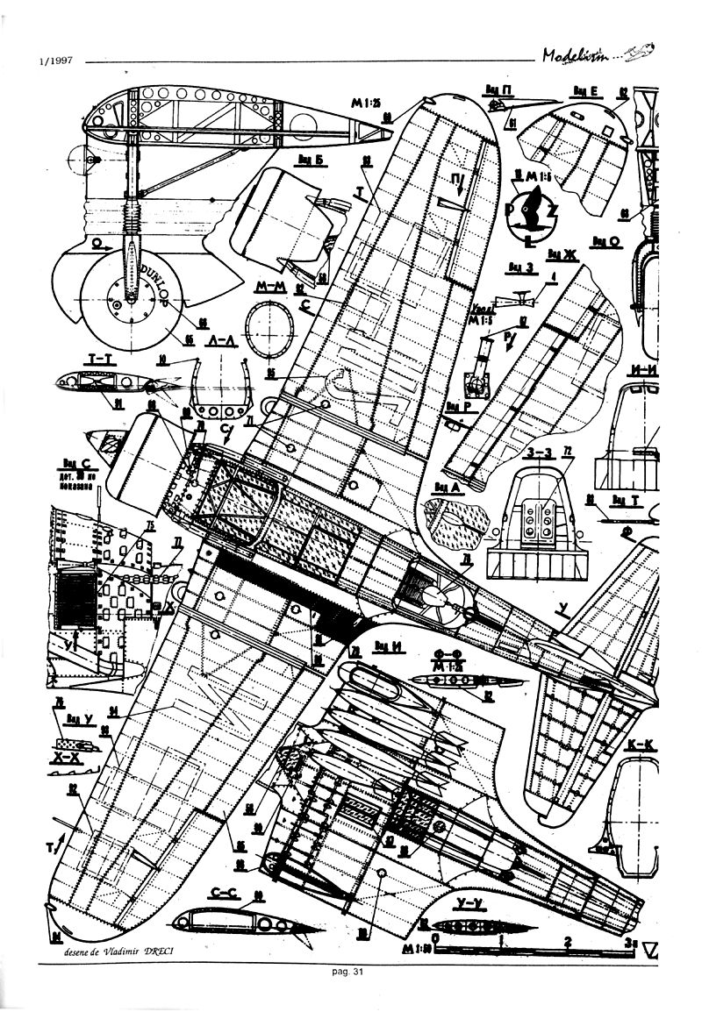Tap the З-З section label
pos(537,454)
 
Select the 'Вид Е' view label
pos(584,89)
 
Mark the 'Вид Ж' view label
pos(561,253)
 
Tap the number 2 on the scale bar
pos(568,943)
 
